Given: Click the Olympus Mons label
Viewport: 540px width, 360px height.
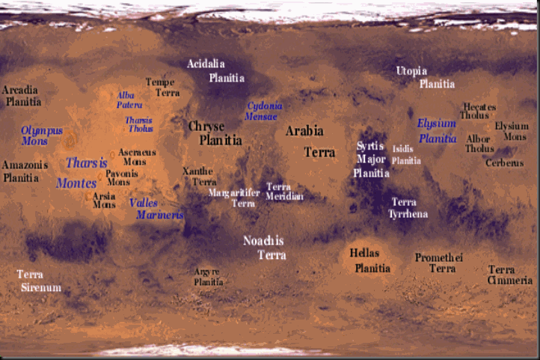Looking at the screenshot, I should [41, 135].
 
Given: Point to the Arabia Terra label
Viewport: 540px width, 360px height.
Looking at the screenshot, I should [306, 141].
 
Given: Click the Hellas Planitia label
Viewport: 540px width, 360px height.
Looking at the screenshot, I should [372, 260].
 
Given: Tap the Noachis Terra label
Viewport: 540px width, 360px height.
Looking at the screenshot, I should [265, 247].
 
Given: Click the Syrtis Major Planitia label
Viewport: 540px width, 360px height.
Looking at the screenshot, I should [371, 159].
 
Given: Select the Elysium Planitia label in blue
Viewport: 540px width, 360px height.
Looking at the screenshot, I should [438, 130].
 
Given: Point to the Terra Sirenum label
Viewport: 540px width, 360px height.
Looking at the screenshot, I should [40, 281].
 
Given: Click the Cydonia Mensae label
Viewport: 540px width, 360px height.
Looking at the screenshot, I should [262, 111].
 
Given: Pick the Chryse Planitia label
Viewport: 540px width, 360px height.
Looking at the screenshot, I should [215, 132].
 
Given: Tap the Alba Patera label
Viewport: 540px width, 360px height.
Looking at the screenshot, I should [129, 100].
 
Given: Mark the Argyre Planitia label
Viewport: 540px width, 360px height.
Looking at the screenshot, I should [208, 276].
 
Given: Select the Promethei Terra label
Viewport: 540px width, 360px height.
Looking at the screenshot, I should [441, 263].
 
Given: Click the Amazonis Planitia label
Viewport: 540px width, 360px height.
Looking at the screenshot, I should [25, 171].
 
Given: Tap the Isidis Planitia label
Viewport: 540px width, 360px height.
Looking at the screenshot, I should [405, 155].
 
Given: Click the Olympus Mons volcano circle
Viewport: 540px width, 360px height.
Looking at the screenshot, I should [71, 139].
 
